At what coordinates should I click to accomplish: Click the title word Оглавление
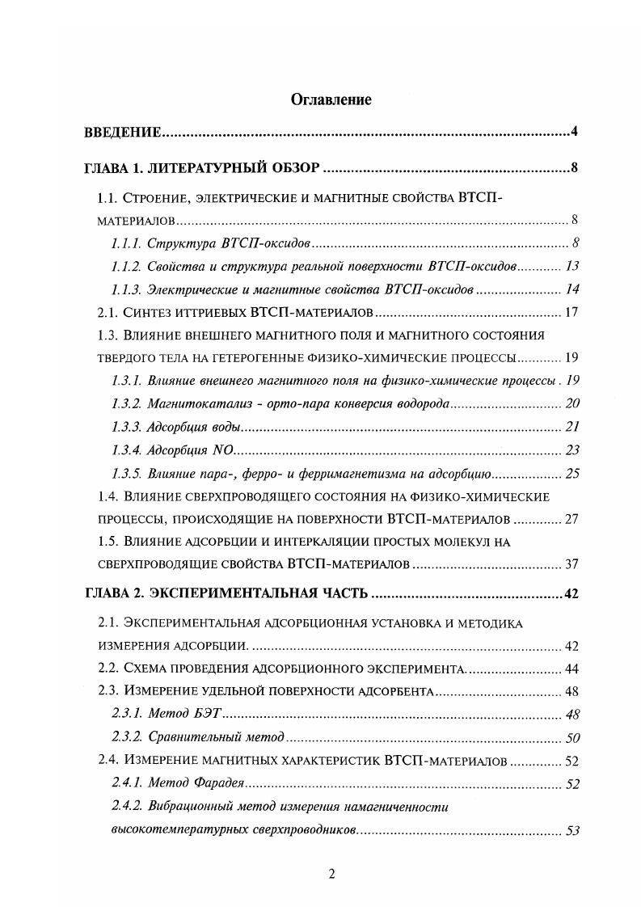(x=320, y=100)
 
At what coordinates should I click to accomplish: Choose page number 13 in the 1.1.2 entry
(x=572, y=266)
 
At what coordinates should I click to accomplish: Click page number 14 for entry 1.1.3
(x=572, y=289)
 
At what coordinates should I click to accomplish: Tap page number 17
(x=571, y=312)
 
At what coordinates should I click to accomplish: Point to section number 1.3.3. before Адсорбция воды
(x=126, y=427)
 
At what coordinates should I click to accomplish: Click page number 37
(x=571, y=563)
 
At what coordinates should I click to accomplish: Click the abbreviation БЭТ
(x=209, y=714)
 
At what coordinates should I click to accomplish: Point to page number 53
(x=572, y=830)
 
